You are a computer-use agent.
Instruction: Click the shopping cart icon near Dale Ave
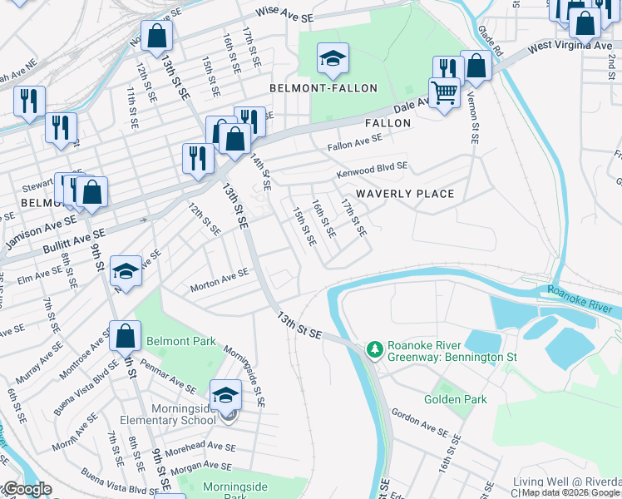tap(445, 92)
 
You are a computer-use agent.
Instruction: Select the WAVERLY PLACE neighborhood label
tap(405, 194)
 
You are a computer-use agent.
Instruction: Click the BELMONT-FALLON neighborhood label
tap(323, 88)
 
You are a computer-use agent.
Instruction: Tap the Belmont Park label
tap(181, 341)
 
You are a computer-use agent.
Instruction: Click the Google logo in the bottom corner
tap(27, 489)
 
